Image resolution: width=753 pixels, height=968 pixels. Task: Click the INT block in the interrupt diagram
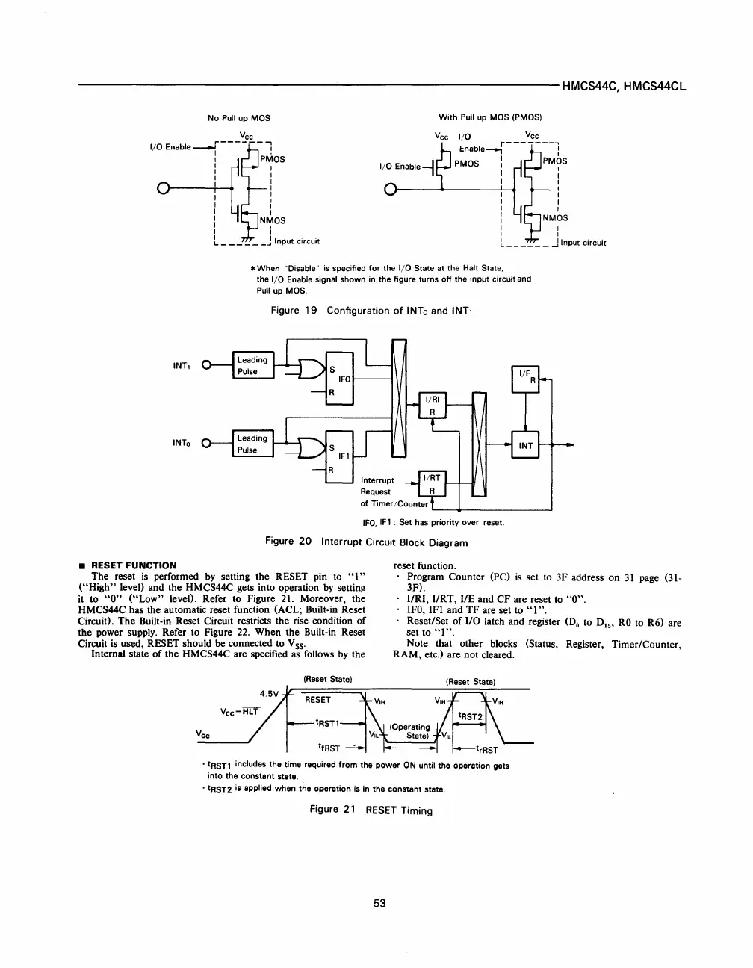(526, 445)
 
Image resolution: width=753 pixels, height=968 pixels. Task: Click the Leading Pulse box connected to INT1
(253, 365)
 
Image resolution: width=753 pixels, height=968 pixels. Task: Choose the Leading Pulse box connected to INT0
(253, 444)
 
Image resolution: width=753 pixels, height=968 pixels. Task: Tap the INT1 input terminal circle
(208, 366)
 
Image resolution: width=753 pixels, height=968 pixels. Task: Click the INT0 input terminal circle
(208, 444)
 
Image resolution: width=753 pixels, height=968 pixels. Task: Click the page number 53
(379, 903)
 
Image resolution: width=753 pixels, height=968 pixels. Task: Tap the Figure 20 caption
(367, 542)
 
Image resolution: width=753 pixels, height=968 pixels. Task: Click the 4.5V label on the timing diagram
(269, 692)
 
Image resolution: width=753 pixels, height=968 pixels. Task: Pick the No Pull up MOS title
(239, 118)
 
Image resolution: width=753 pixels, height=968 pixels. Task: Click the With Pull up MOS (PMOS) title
(489, 117)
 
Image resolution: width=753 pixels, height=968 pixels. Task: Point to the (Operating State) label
(409, 731)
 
